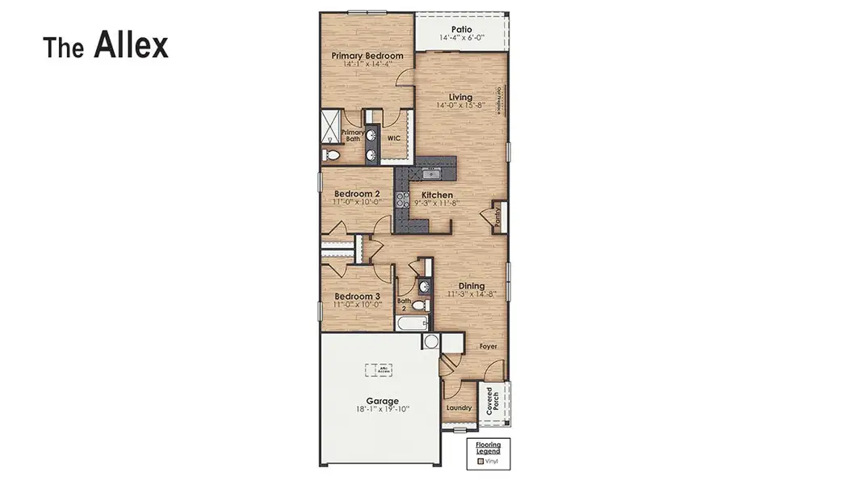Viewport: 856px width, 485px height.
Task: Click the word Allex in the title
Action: (131, 45)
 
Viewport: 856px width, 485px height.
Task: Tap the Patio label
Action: (462, 29)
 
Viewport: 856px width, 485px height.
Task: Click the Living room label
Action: (460, 97)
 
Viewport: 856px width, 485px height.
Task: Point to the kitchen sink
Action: (432, 172)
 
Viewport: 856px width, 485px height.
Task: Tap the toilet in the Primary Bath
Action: (330, 154)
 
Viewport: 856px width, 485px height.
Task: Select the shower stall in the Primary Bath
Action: (331, 125)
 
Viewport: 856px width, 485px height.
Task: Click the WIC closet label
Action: (394, 138)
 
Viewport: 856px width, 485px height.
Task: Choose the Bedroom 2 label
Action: (357, 194)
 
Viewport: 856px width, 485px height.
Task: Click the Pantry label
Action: (497, 217)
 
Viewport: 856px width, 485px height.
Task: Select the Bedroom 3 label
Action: (357, 297)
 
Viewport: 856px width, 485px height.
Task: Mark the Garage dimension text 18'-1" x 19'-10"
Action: (382, 410)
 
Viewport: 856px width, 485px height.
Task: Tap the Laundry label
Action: (459, 407)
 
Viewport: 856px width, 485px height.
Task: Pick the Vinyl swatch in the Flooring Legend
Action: (480, 461)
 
